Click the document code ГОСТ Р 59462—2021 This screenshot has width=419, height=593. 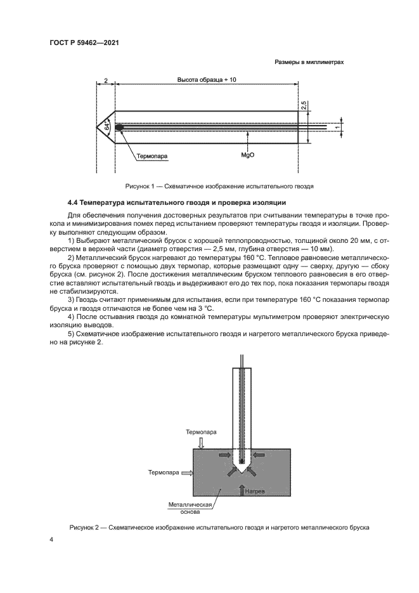tap(86, 42)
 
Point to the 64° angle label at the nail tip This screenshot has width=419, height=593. tap(108, 127)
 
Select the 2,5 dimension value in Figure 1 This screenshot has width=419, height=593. tap(304, 105)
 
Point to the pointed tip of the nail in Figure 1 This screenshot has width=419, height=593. tap(97, 127)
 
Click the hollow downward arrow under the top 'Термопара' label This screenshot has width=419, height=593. tap(201, 441)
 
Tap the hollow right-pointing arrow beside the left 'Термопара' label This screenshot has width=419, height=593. tap(185, 472)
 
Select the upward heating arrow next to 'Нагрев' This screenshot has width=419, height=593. tap(242, 488)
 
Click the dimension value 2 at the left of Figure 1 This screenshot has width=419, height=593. tap(105, 81)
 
